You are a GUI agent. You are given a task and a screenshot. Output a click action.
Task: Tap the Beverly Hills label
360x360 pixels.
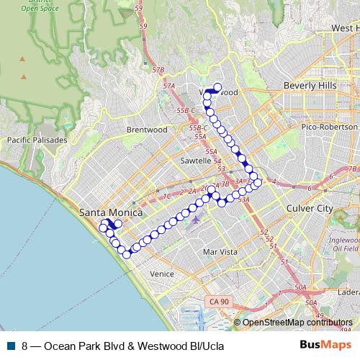310,85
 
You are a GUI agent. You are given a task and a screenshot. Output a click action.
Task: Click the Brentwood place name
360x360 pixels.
146,130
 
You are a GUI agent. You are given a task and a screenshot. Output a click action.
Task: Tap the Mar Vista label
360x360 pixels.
220,252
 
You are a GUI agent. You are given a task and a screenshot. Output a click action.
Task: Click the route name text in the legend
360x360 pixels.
123,346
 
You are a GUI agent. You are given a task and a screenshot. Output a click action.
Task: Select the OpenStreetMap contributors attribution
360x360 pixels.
297,323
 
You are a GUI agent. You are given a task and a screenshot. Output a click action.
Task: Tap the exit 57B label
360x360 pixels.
159,70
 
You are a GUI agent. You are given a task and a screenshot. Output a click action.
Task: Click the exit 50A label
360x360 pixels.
300,287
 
